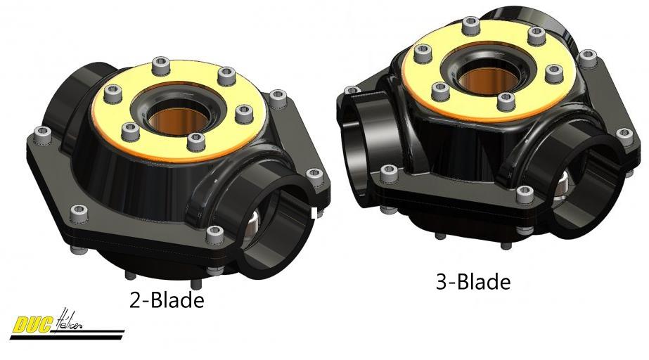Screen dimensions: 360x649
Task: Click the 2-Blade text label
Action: click(x=167, y=300)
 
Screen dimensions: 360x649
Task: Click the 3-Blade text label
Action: click(x=473, y=282)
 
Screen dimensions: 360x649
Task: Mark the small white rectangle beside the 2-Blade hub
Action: click(x=314, y=213)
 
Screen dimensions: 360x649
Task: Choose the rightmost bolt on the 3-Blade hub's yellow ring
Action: click(x=553, y=70)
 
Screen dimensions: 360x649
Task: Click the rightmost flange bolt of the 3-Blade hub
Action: click(x=621, y=131)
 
